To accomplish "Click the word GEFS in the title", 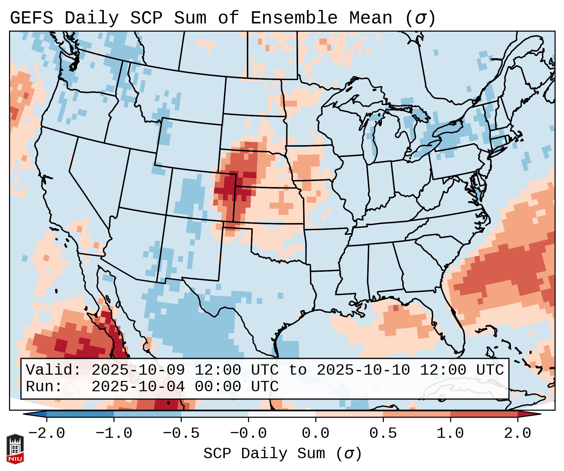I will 31,18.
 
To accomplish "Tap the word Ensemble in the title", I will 294,18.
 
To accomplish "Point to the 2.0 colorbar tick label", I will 517,433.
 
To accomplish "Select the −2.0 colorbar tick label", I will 47,433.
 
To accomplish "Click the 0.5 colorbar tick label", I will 383,433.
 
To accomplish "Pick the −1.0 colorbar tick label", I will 114,433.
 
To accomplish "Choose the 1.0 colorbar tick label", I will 450,433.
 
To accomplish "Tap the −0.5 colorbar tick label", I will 181,433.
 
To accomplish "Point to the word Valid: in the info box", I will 53,370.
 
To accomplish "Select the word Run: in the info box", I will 44,387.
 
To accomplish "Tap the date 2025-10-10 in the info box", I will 363,370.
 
